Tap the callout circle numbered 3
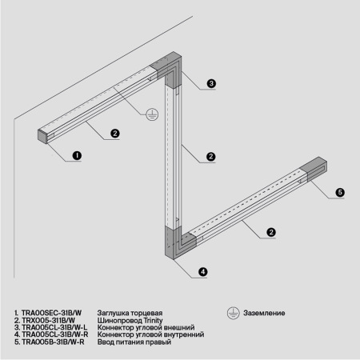(x=211, y=84)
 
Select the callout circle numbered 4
(x=202, y=272)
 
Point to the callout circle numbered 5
(x=339, y=193)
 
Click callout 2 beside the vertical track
(x=210, y=156)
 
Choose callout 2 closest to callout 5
(x=271, y=232)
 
